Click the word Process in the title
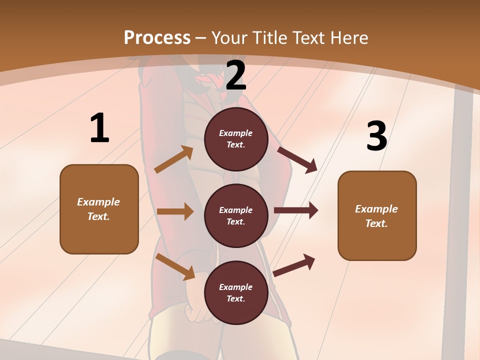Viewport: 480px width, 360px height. (157, 37)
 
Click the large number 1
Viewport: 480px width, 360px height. (99, 128)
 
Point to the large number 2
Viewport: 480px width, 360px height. (236, 76)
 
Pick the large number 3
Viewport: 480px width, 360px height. (376, 136)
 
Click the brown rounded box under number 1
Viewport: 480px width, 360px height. (99, 209)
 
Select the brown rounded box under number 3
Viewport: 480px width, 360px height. (377, 215)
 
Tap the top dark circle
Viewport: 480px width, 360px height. (236, 139)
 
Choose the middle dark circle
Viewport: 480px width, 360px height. (236, 215)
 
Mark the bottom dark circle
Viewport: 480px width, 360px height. (236, 292)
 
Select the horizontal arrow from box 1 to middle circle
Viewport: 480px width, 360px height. (175, 211)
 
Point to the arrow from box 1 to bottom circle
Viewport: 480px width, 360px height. (175, 266)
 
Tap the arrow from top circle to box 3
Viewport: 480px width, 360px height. (297, 159)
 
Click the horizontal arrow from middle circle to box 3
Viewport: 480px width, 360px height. (296, 210)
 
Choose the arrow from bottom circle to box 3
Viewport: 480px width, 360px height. (294, 265)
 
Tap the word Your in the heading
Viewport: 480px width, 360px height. (228, 37)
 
